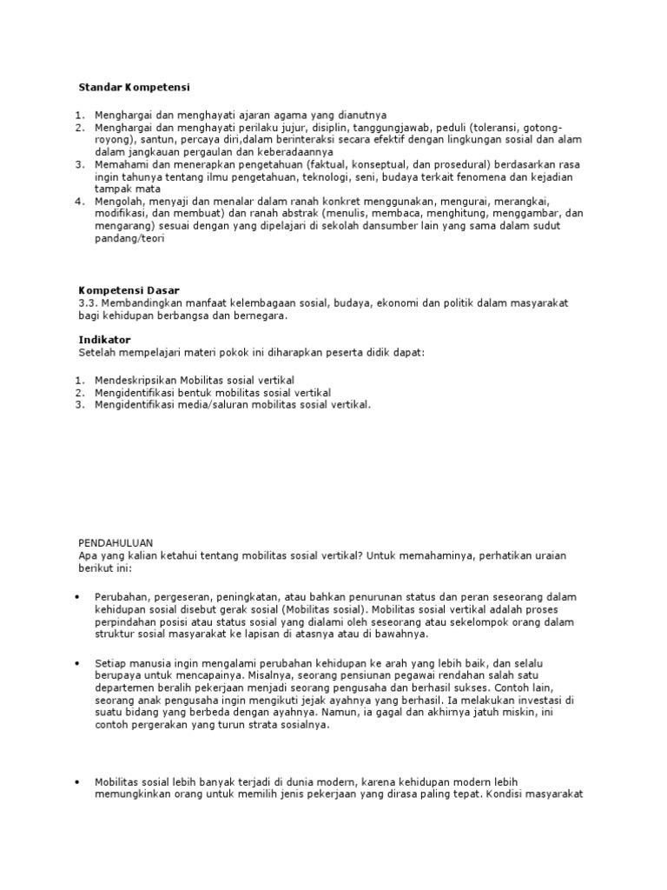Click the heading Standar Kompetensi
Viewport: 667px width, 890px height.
click(135, 88)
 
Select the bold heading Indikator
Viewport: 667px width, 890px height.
click(104, 340)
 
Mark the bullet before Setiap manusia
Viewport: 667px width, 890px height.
click(77, 663)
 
